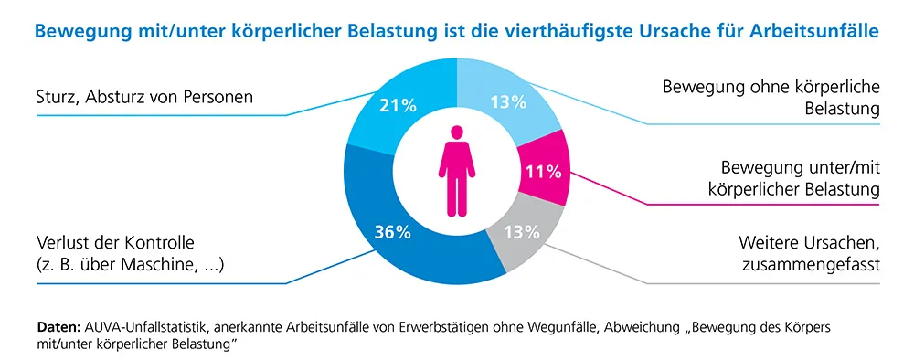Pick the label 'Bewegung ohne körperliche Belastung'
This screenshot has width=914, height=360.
coord(770,99)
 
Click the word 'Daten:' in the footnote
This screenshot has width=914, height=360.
coord(58,326)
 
